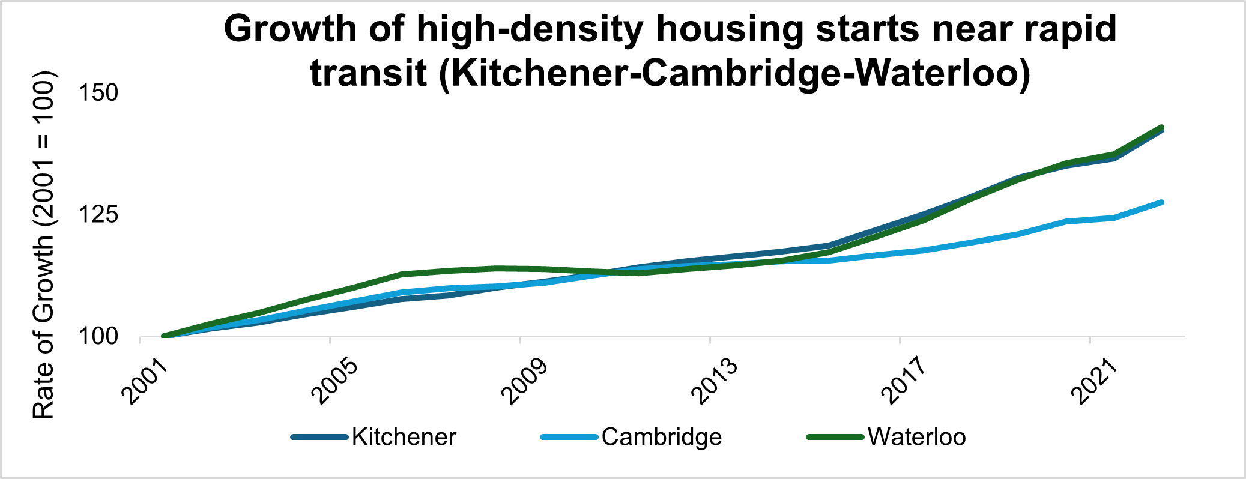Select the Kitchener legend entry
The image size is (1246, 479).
[404, 437]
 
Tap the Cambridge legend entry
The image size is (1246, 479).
[661, 437]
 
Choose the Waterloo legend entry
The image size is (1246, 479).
[916, 437]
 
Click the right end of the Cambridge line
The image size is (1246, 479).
[1161, 202]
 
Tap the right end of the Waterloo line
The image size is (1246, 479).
[1161, 127]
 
